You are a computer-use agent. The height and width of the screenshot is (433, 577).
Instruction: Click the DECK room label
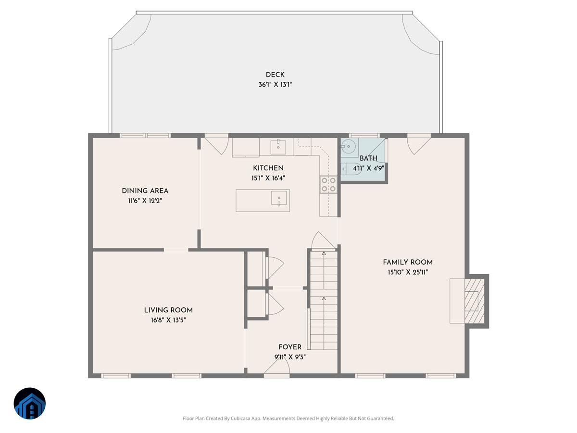click(x=275, y=75)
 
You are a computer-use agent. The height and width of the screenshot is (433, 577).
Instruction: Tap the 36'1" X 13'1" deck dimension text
click(x=275, y=84)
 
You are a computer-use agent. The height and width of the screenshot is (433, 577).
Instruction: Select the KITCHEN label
click(x=268, y=168)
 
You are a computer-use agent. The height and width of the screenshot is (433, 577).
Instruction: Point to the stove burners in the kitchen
click(x=328, y=184)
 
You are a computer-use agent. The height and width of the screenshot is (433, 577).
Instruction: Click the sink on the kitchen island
click(x=279, y=198)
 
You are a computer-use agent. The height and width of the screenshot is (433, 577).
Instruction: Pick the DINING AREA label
click(x=145, y=191)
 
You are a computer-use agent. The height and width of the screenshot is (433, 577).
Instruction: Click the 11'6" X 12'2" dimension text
click(x=145, y=201)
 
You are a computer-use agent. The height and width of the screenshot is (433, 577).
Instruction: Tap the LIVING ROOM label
click(x=168, y=310)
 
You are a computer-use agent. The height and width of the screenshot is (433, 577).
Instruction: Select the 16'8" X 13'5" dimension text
click(x=168, y=320)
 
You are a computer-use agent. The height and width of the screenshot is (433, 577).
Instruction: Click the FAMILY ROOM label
click(x=408, y=262)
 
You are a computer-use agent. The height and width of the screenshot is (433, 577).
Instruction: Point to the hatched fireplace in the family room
click(x=475, y=301)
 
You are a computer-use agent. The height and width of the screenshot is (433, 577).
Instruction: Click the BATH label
click(x=368, y=158)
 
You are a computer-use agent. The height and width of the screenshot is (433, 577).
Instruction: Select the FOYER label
click(x=290, y=347)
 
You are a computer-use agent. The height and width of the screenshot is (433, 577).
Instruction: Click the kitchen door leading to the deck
click(x=216, y=144)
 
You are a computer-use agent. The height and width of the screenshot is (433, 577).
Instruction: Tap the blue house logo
click(x=30, y=403)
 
